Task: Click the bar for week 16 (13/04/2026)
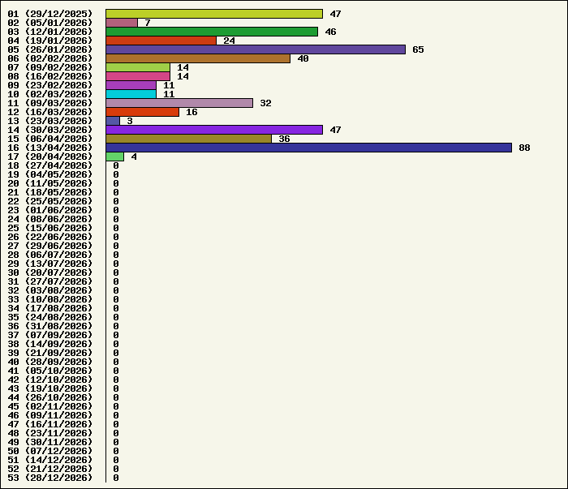(308, 148)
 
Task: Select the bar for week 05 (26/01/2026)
(256, 49)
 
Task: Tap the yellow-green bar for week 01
(214, 14)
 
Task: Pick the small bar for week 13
(113, 121)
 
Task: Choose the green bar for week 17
(115, 157)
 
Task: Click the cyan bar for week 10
(131, 94)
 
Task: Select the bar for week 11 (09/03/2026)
(179, 103)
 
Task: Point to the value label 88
(524, 148)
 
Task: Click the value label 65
(418, 49)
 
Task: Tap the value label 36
(284, 139)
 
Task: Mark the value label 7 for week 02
(148, 23)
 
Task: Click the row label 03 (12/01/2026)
(50, 32)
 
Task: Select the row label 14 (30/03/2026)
(50, 130)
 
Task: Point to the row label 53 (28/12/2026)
(50, 478)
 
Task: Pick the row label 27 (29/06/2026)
(50, 246)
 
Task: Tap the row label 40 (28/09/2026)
(50, 362)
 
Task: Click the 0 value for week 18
(116, 165)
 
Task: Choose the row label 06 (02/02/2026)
(50, 58)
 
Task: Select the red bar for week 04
(161, 41)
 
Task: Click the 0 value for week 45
(116, 406)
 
